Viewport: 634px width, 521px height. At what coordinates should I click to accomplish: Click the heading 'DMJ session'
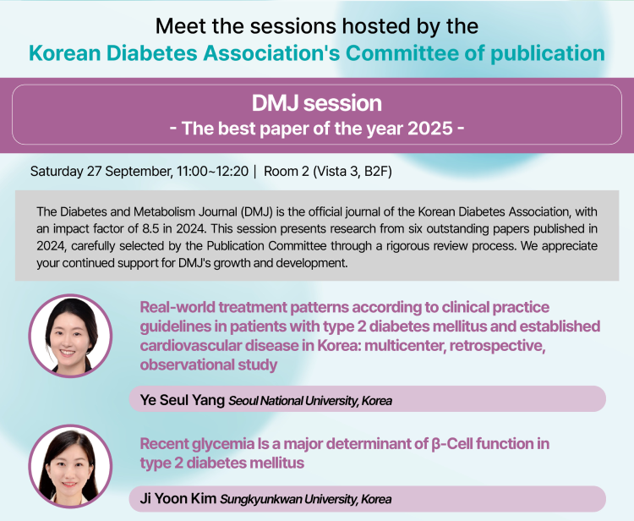coord(317,103)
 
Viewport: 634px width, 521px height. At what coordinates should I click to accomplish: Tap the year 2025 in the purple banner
coord(429,129)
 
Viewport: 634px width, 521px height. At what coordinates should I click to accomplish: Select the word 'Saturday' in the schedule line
coord(57,172)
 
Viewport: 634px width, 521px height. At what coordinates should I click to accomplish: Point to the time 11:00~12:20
coord(212,171)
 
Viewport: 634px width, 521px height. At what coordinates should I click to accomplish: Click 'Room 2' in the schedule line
coord(287,171)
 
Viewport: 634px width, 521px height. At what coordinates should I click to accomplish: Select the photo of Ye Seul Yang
coord(70,336)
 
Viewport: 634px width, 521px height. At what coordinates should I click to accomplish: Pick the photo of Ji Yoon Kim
coord(70,466)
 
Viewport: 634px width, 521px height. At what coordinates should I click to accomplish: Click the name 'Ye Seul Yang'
coord(183,400)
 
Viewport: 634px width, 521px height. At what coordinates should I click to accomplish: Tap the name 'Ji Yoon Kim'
coord(178,498)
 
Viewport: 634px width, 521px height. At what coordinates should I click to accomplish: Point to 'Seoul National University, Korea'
coord(310,401)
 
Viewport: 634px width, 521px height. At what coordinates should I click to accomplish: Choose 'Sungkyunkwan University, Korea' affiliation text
coord(306,499)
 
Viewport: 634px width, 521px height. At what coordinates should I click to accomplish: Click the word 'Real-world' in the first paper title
coord(178,307)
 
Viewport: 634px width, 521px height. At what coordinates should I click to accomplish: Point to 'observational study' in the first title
coord(209,365)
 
